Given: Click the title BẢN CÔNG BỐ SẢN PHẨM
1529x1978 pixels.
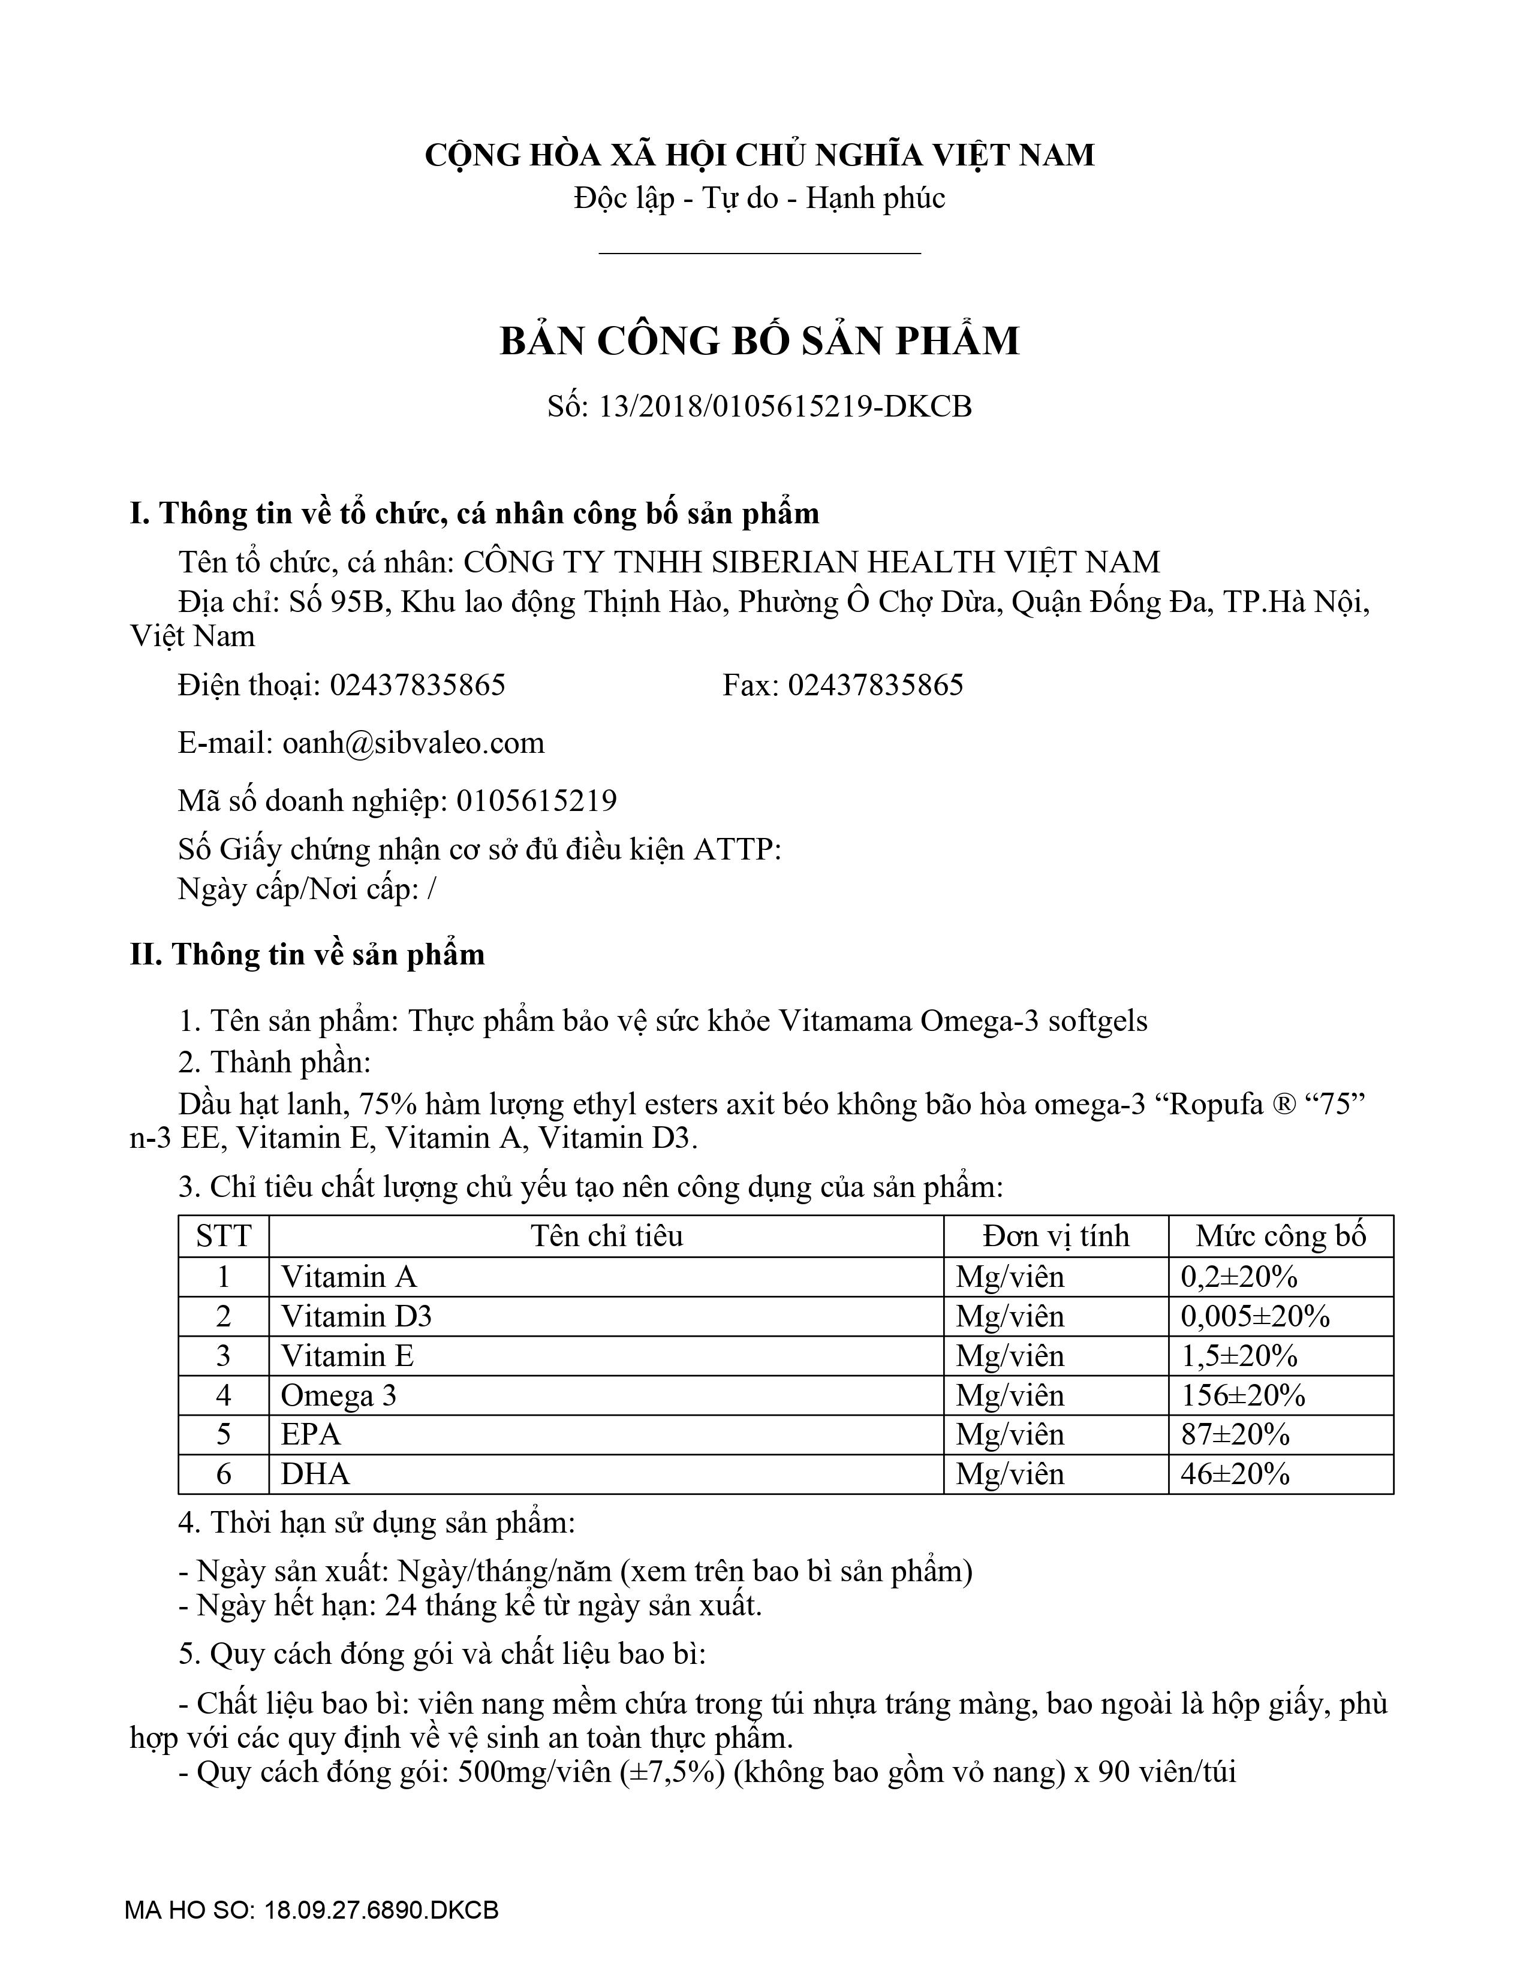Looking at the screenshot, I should (759, 340).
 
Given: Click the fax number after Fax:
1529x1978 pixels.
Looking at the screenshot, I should (875, 685).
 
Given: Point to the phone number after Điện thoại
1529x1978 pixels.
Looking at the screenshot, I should (417, 685).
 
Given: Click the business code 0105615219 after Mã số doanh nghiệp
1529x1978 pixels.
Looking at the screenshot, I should (536, 801).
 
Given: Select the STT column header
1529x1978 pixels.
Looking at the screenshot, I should (223, 1236).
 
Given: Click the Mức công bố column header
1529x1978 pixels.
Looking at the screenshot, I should (1280, 1236).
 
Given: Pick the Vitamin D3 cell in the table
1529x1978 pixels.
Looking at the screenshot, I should (356, 1316).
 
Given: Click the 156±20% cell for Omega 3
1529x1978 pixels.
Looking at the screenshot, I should (1243, 1395).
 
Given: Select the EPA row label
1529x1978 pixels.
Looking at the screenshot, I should (311, 1434).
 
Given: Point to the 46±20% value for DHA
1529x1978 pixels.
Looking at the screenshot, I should (1235, 1475).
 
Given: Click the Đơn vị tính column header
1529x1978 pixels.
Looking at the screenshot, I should (1056, 1236).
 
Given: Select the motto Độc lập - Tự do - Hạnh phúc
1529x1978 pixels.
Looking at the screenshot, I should (759, 198).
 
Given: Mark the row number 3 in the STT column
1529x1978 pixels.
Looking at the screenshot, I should (223, 1356).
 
